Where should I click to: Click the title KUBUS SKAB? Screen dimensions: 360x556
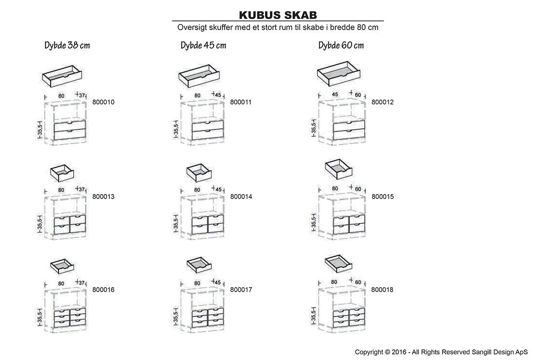tap(278, 15)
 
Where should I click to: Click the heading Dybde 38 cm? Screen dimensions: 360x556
tap(67, 45)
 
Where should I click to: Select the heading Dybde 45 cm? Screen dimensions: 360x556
tap(203, 45)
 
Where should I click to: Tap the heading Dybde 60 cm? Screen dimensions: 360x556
tap(341, 45)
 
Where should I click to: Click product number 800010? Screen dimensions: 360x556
tap(103, 102)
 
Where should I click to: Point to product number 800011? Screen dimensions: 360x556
tap(240, 102)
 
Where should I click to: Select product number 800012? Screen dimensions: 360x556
tap(382, 102)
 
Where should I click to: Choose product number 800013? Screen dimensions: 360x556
tap(103, 197)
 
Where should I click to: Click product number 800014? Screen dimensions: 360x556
tap(240, 197)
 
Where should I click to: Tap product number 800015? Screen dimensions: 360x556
tap(382, 197)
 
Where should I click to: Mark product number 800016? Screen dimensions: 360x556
tap(103, 290)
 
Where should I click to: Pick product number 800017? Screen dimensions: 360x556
tap(240, 290)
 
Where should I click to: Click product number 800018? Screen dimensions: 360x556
tap(382, 290)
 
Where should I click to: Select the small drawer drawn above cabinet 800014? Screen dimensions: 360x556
tap(199, 172)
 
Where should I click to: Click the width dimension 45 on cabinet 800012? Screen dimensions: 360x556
tap(335, 95)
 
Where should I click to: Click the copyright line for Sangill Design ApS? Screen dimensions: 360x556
tap(441, 352)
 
